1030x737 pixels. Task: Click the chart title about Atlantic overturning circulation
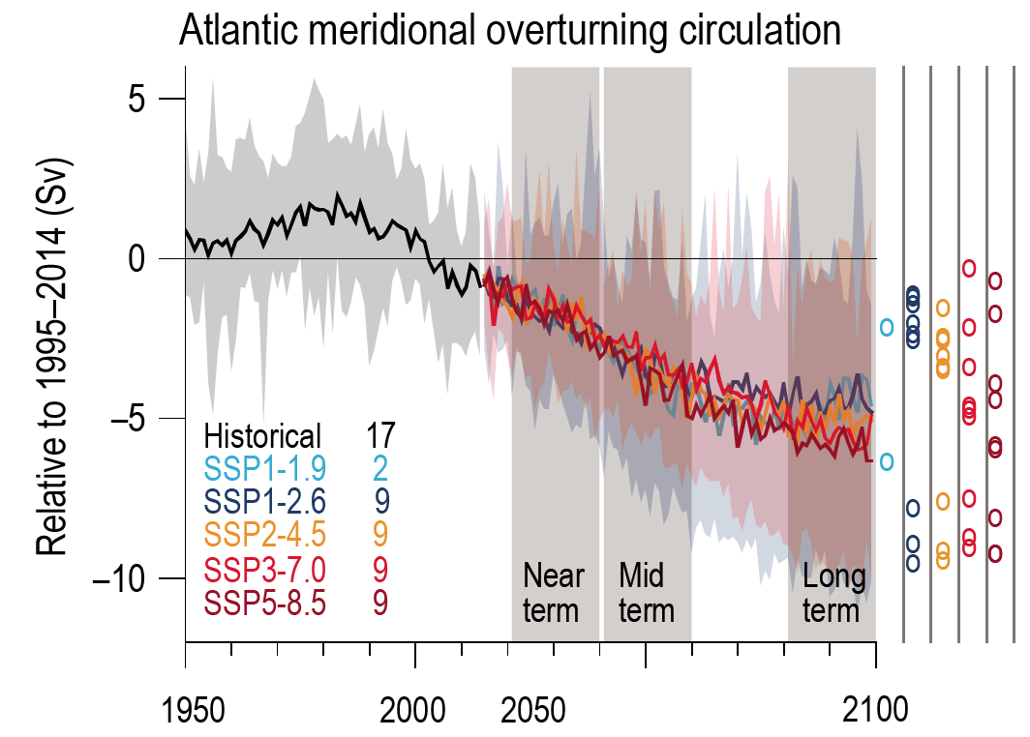pos(509,31)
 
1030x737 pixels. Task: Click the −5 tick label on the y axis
pos(136,419)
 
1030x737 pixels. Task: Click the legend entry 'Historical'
pos(262,435)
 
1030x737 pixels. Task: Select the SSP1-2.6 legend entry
pos(264,501)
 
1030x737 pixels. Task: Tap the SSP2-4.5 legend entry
pos(264,535)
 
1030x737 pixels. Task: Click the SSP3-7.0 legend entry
pos(264,569)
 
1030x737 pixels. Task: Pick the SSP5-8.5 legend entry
pos(264,602)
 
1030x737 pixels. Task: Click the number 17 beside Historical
pos(380,435)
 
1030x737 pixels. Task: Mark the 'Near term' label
pos(553,593)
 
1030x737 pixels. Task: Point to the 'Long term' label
pos(832,593)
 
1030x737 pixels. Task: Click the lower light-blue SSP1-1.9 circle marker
pos(887,461)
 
